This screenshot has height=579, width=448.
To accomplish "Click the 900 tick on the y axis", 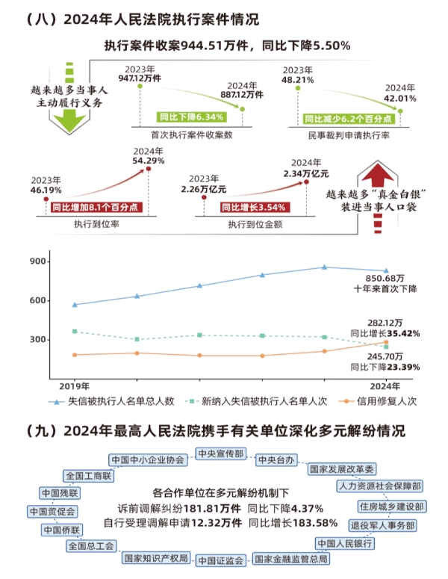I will point(37,261).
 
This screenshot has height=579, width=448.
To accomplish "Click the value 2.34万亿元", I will point(306,173).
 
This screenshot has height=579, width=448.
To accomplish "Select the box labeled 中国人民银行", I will point(344,543).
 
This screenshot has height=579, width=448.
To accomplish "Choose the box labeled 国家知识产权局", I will point(155,558).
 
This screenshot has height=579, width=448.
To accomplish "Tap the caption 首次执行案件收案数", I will point(193,134).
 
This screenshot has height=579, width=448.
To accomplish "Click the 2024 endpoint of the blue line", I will point(386,270).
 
